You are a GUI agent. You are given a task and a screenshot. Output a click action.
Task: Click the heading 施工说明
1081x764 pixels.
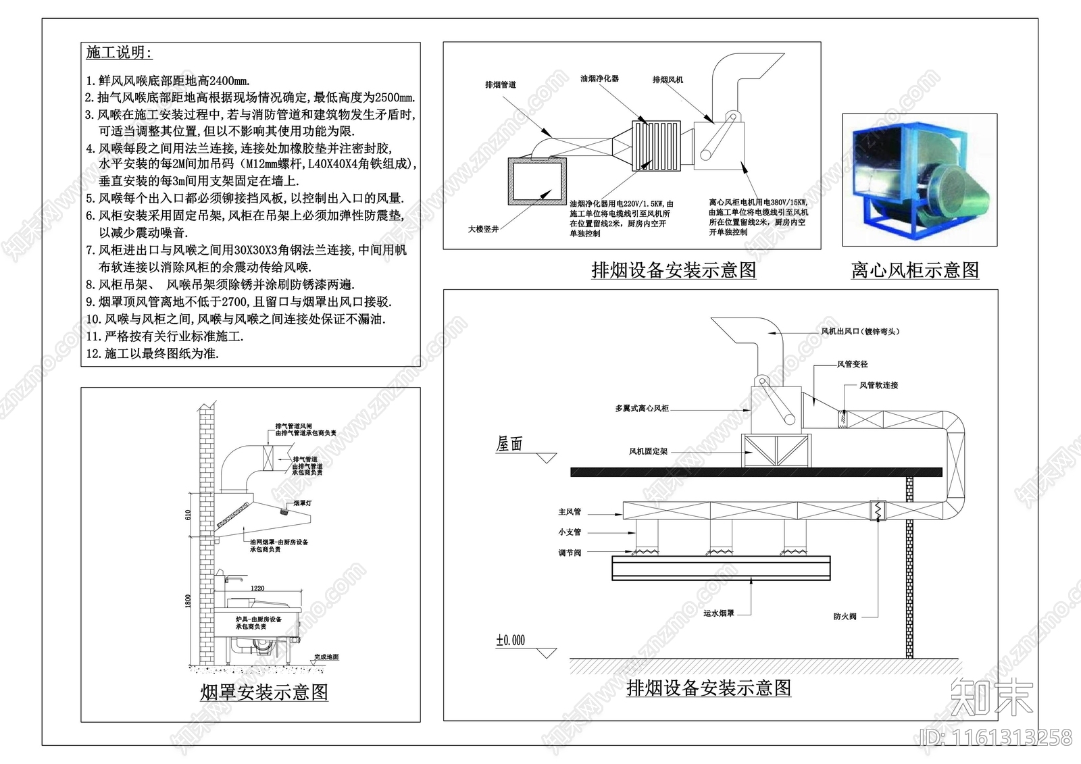point(119,53)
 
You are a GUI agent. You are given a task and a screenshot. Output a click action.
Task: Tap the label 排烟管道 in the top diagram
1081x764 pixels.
point(501,84)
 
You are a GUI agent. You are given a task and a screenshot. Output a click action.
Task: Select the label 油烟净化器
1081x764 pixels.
point(599,78)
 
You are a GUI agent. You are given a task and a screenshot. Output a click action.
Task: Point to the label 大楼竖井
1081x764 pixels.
point(483,229)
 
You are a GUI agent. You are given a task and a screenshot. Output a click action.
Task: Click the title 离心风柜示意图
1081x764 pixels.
point(915,271)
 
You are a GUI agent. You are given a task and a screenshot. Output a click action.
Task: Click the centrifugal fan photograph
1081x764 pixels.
point(920,180)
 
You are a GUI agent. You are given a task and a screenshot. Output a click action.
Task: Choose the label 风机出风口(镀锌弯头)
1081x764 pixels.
point(860,332)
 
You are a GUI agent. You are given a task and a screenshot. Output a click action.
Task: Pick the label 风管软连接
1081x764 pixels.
point(878,385)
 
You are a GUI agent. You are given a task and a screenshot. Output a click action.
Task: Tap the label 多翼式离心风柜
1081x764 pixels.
point(642,409)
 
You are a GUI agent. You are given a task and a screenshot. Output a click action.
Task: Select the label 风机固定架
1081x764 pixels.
point(648,451)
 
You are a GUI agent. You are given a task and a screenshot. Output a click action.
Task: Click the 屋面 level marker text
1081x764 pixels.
point(510,444)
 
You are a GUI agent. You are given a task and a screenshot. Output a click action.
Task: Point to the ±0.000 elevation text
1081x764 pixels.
point(510,640)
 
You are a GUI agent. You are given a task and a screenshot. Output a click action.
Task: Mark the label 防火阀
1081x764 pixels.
point(845,617)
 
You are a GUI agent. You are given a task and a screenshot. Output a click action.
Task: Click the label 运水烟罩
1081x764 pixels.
point(718,613)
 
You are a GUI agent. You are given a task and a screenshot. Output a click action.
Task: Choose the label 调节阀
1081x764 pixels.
point(570,553)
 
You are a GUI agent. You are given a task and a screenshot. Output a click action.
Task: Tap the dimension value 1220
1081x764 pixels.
point(257,588)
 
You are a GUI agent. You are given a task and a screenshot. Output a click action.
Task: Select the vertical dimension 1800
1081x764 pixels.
point(188,601)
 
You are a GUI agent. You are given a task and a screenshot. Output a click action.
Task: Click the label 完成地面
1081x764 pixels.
point(326,657)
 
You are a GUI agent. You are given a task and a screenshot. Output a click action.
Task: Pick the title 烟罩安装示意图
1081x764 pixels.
point(264,692)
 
